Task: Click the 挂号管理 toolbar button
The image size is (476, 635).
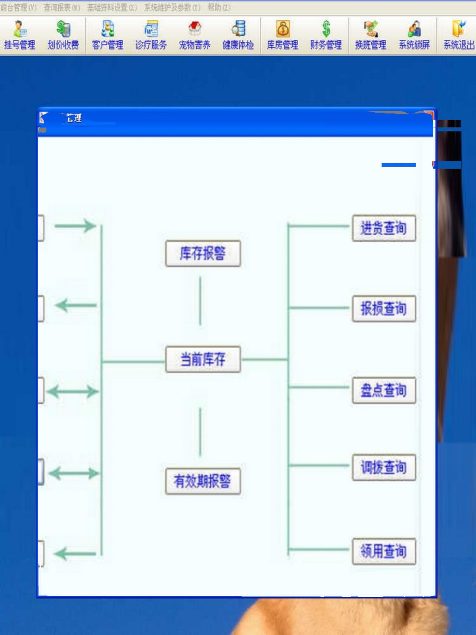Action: pyautogui.click(x=19, y=36)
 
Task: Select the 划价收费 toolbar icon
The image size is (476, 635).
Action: pyautogui.click(x=63, y=36)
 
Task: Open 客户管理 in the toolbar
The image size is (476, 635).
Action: pyautogui.click(x=107, y=36)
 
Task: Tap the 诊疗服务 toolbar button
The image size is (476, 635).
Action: pyautogui.click(x=151, y=36)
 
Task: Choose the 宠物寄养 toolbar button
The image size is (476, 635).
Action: pyautogui.click(x=194, y=36)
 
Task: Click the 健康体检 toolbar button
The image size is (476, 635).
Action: pyautogui.click(x=238, y=36)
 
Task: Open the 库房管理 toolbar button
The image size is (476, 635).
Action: pyautogui.click(x=282, y=36)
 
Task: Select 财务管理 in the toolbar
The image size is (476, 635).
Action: pyautogui.click(x=326, y=36)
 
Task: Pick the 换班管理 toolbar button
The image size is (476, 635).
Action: pyautogui.click(x=370, y=36)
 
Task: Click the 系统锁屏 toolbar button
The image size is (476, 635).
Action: pyautogui.click(x=414, y=36)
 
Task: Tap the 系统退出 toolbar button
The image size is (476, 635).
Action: pyautogui.click(x=459, y=36)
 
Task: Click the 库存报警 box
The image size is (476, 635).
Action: pyautogui.click(x=203, y=254)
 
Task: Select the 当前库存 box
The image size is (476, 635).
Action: pyautogui.click(x=203, y=360)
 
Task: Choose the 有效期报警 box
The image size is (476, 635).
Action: pyautogui.click(x=203, y=481)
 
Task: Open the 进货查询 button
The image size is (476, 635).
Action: pyautogui.click(x=384, y=228)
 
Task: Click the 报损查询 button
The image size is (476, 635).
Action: pyautogui.click(x=384, y=308)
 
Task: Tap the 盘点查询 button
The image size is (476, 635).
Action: pyautogui.click(x=384, y=391)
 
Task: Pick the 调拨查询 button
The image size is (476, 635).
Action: pyautogui.click(x=384, y=468)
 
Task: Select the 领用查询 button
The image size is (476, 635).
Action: pyautogui.click(x=384, y=551)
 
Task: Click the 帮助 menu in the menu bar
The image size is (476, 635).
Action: pyautogui.click(x=219, y=8)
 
